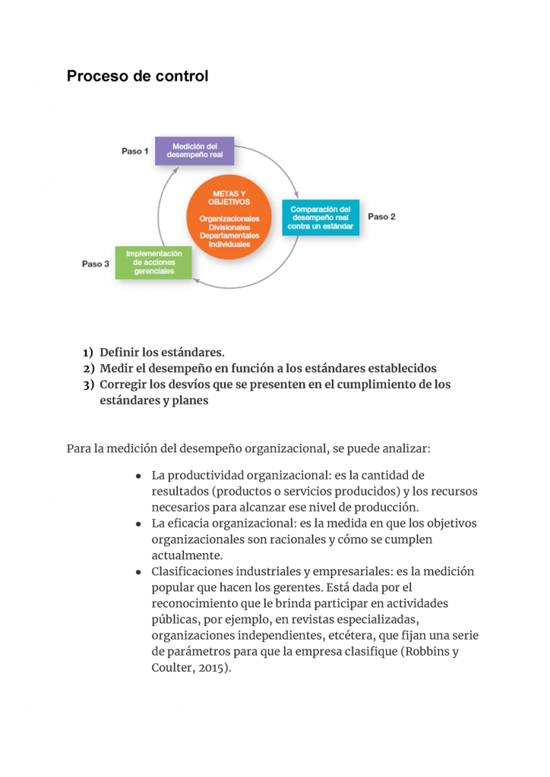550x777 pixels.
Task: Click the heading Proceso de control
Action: (137, 77)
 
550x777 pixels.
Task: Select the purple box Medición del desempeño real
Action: (194, 150)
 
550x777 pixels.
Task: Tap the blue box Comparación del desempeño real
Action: (320, 218)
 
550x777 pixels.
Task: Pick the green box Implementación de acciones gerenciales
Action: (153, 262)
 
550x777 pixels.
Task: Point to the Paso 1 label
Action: (135, 151)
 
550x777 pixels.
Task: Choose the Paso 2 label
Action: (382, 216)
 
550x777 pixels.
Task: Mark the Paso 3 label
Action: (96, 263)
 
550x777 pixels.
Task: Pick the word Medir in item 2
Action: (116, 369)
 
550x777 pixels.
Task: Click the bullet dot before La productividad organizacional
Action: (139, 477)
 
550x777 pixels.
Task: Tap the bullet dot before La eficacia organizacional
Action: (139, 524)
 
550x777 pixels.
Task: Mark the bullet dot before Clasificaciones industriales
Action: (139, 572)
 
